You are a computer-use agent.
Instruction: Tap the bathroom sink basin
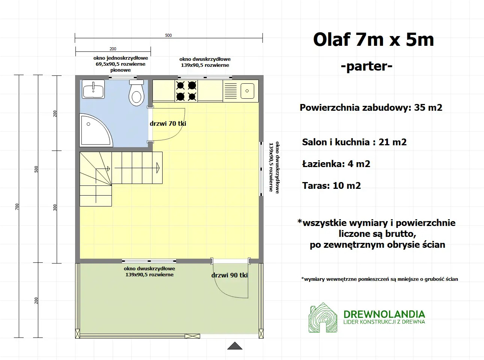[93, 90]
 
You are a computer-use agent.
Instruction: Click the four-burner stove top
[186, 91]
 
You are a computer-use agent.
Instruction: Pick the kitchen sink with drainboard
[241, 91]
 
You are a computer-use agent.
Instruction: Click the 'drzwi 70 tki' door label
[168, 124]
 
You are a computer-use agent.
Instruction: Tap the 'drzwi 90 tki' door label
[229, 275]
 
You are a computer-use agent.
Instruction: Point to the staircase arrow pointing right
[158, 168]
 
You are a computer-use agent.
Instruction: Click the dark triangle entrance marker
[235, 346]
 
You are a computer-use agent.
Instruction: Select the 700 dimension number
[17, 206]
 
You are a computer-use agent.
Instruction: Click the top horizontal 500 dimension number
[168, 35]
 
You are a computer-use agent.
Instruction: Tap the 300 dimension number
[55, 207]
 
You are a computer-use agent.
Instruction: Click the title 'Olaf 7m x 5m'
[373, 39]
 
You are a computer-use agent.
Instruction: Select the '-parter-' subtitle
[366, 66]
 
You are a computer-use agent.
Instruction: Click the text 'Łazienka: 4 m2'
[336, 164]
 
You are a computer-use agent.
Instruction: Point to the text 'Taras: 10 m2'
[331, 186]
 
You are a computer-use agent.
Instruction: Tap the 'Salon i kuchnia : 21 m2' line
[354, 142]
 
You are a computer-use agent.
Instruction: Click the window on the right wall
[261, 169]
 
